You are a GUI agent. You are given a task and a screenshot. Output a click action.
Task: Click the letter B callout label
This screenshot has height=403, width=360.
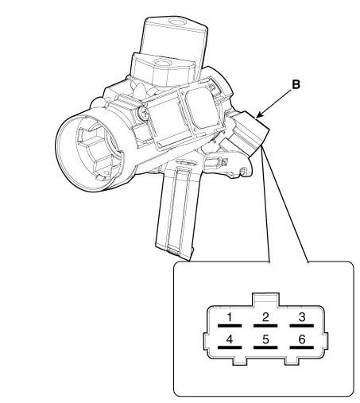[x=296, y=85]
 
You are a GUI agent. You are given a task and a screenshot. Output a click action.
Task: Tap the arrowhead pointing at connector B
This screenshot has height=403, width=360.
[x=259, y=115]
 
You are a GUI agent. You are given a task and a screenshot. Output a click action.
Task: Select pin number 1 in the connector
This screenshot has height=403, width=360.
[x=230, y=317]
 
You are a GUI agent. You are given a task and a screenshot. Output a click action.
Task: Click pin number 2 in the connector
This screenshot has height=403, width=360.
[x=265, y=317]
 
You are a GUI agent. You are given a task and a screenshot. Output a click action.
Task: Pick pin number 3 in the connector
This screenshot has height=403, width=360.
[x=302, y=317]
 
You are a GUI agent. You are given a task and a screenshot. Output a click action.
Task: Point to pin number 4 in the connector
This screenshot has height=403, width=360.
[x=230, y=339]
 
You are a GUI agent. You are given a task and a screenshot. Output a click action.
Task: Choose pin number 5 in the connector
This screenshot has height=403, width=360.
[x=265, y=339]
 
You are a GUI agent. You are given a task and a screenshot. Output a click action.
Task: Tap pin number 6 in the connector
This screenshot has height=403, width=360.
[x=302, y=339]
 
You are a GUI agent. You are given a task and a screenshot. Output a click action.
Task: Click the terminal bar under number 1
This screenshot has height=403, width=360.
[x=230, y=325]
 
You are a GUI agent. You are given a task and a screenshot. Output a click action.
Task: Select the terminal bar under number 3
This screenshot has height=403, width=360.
[x=302, y=325]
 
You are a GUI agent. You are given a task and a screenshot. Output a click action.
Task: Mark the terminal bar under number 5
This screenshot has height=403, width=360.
[x=265, y=347]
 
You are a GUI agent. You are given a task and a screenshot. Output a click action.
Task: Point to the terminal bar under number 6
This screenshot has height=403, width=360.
[x=302, y=347]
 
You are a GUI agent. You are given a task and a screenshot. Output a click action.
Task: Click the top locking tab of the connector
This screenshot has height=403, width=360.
[x=265, y=300]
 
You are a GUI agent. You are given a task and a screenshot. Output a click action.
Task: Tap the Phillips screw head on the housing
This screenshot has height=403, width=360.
[x=144, y=114]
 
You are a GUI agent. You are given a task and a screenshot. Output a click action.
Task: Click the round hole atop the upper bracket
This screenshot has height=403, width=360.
[x=176, y=21]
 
